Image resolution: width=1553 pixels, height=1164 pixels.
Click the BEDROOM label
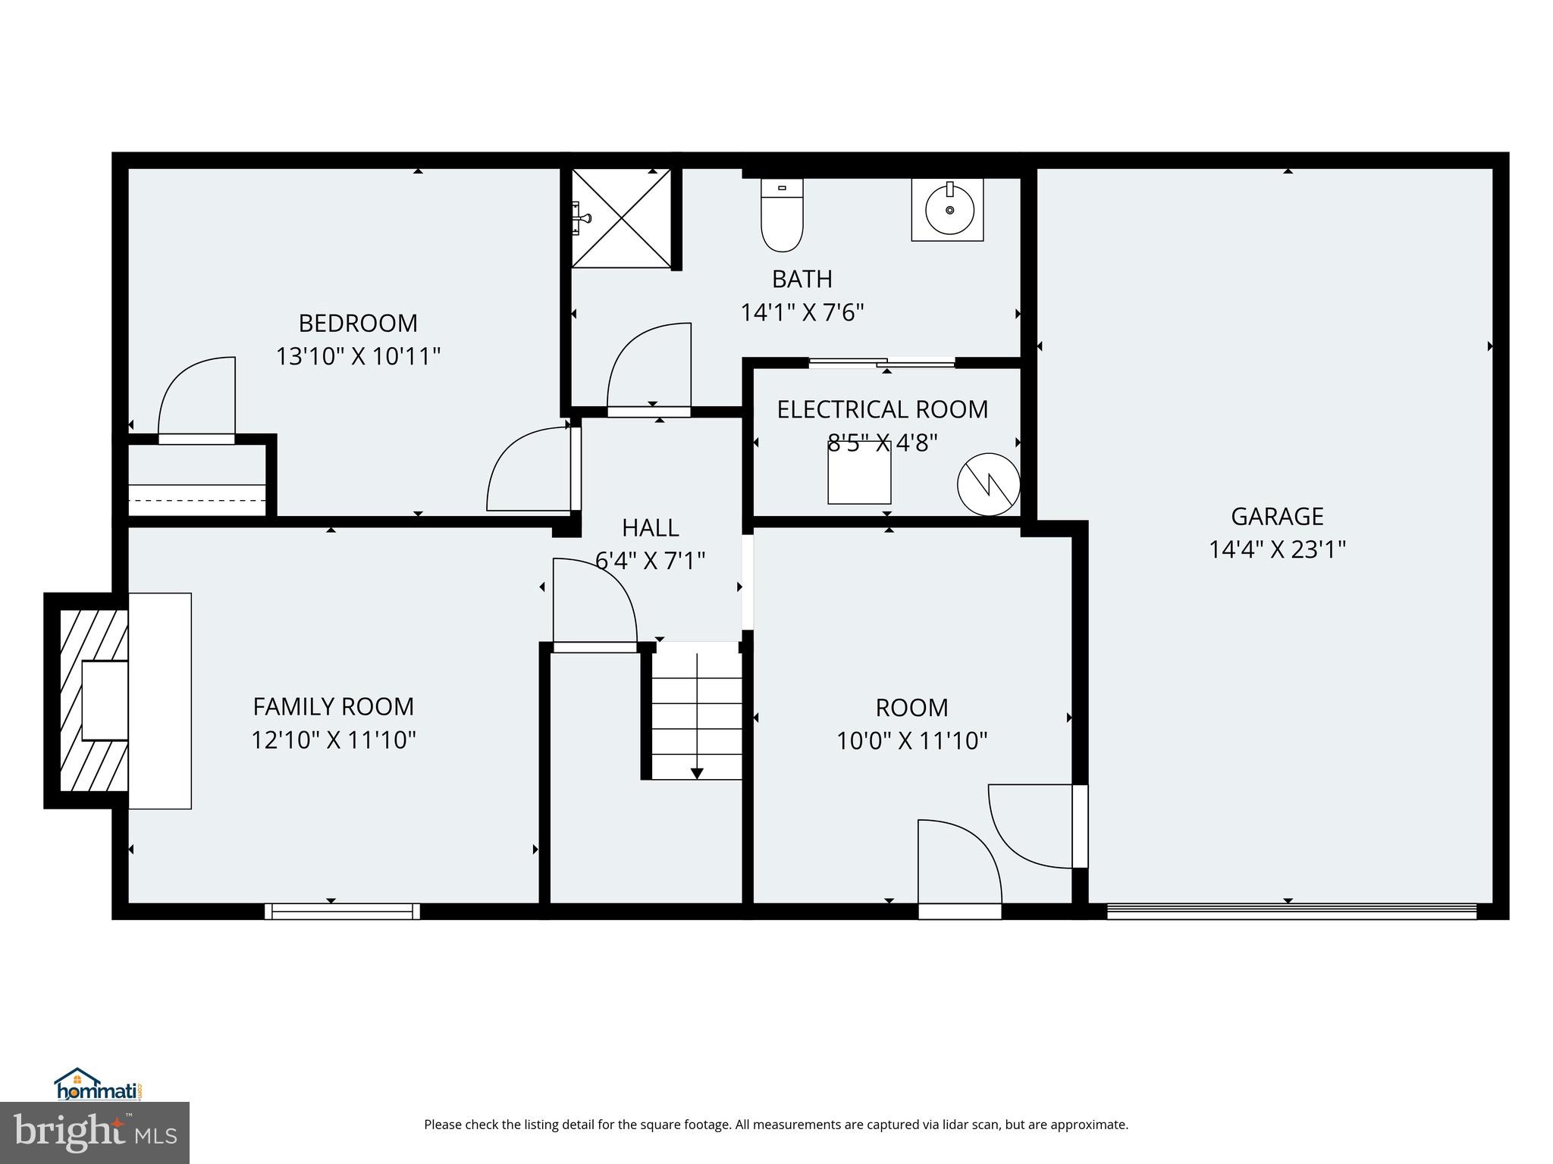pyautogui.click(x=358, y=324)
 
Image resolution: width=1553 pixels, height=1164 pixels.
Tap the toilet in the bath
pyautogui.click(x=782, y=216)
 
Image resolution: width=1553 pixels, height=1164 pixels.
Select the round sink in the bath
pyautogui.click(x=948, y=210)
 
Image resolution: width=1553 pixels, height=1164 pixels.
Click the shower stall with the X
pyautogui.click(x=621, y=218)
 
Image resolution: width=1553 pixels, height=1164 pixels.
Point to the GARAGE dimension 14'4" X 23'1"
pyautogui.click(x=1277, y=549)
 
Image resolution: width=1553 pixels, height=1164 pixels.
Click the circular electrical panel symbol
pyautogui.click(x=988, y=484)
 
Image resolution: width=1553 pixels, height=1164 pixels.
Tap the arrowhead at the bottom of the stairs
pyautogui.click(x=697, y=773)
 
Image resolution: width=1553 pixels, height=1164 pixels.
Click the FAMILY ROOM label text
pyautogui.click(x=334, y=707)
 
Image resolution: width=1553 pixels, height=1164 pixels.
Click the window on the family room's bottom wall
pyautogui.click(x=342, y=911)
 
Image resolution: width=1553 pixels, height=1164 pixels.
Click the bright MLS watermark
pyautogui.click(x=95, y=1133)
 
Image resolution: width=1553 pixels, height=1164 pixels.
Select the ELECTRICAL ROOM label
pyautogui.click(x=883, y=410)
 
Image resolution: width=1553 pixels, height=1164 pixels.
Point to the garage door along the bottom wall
pyautogui.click(x=1291, y=911)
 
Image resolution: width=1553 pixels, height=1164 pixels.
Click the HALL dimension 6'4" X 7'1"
pyautogui.click(x=651, y=562)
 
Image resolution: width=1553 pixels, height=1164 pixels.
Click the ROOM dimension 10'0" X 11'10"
pyautogui.click(x=911, y=740)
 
